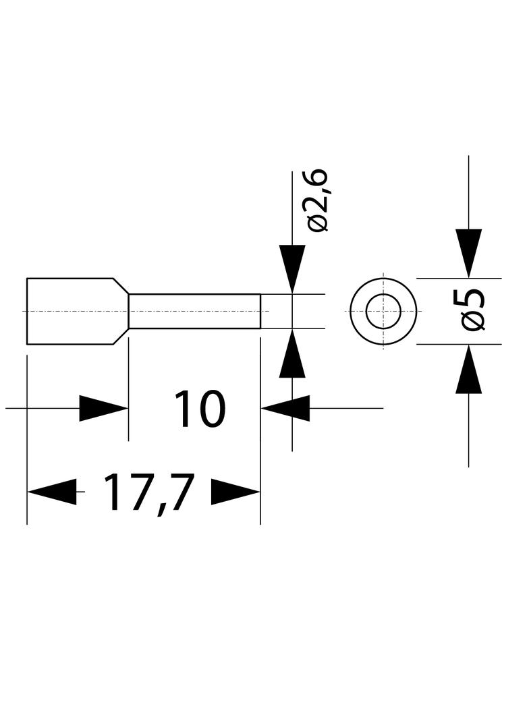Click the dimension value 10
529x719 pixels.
tap(200, 409)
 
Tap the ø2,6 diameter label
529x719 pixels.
tap(318, 200)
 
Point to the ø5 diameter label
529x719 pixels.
tap(473, 310)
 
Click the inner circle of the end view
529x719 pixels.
tap(383, 294)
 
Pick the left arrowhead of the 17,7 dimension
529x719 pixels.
tap(52, 492)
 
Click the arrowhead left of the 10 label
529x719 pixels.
tap(104, 408)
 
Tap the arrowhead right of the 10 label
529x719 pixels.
tap(285, 408)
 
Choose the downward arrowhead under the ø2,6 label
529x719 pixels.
tap(292, 269)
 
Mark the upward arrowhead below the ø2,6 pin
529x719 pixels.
tap(292, 353)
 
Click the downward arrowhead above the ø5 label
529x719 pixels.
tap(468, 253)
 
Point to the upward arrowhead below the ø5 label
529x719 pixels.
tap(468, 369)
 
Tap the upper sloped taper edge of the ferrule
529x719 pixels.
tap(121, 286)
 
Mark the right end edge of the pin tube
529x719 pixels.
tap(260, 312)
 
